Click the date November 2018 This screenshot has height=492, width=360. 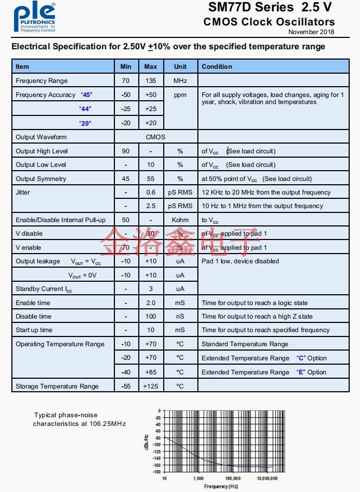(x=311, y=32)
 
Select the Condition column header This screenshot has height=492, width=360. (x=217, y=67)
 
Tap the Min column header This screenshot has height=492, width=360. (x=126, y=67)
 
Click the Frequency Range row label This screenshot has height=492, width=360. (x=42, y=81)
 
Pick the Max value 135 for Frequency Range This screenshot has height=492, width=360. (x=151, y=81)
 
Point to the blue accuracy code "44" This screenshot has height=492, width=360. (x=85, y=109)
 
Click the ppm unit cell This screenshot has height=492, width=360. (x=180, y=95)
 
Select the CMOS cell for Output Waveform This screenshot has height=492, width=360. (x=155, y=137)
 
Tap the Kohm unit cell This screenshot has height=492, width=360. (x=180, y=220)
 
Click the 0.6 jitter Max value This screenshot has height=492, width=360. (x=151, y=192)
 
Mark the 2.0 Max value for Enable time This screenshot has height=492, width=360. (x=151, y=303)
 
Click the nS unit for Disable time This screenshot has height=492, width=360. (x=180, y=316)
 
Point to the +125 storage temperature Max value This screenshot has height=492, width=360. (x=151, y=386)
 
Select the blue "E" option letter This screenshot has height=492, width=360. (x=300, y=372)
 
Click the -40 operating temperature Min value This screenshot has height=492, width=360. (x=126, y=372)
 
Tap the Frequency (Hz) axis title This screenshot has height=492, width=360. (x=221, y=486)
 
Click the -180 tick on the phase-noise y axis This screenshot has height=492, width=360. (x=157, y=472)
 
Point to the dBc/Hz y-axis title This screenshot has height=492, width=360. (x=146, y=442)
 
